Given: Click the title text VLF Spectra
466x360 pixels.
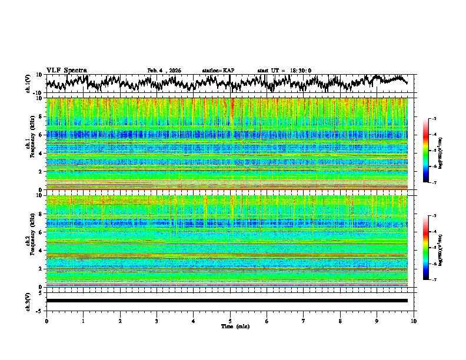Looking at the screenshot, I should click(x=66, y=71).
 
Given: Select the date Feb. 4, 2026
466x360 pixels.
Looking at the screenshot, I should click(x=164, y=71).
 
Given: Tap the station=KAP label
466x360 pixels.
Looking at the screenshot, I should click(x=218, y=71).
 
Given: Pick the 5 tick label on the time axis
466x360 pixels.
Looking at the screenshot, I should click(x=230, y=321).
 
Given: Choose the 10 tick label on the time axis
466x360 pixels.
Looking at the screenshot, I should click(x=414, y=321).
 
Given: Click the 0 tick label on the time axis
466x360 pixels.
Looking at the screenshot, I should click(x=46, y=321).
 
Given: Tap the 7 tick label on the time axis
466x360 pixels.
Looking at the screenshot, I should click(x=304, y=321).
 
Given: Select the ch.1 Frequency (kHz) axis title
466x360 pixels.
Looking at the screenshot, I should click(x=31, y=144).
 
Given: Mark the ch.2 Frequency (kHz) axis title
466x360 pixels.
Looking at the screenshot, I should click(x=31, y=241).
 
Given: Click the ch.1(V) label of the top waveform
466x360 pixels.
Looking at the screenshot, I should click(x=28, y=84).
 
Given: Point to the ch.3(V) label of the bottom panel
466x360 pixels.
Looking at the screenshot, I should click(x=28, y=301).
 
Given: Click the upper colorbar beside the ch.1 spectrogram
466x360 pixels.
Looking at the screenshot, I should click(x=427, y=151).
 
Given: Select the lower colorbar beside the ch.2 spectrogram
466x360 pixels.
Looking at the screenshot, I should click(x=427, y=248).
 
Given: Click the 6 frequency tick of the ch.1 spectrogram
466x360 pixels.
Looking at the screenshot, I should click(x=41, y=135).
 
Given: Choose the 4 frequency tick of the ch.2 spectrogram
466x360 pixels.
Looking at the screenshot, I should click(x=41, y=251).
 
